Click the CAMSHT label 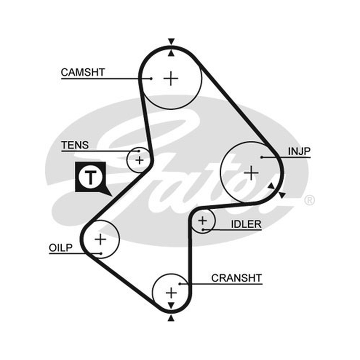(x=83, y=72)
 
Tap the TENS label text (x=75, y=145)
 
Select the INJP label (x=299, y=151)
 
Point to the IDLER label (x=246, y=224)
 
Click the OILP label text (x=61, y=248)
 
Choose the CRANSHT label (x=237, y=278)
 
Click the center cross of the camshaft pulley (x=171, y=78)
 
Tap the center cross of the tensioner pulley (x=139, y=160)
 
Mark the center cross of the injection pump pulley (x=251, y=173)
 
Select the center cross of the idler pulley (x=202, y=220)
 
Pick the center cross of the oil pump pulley (x=100, y=239)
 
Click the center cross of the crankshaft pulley (x=171, y=293)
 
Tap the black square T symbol (x=91, y=177)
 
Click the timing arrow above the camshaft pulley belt (x=171, y=41)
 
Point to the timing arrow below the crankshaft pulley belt (x=171, y=318)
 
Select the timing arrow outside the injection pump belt (x=282, y=195)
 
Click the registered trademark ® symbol (x=310, y=200)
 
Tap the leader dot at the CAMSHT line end (x=151, y=78)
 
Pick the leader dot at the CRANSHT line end (x=180, y=284)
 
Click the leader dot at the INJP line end (x=261, y=157)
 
